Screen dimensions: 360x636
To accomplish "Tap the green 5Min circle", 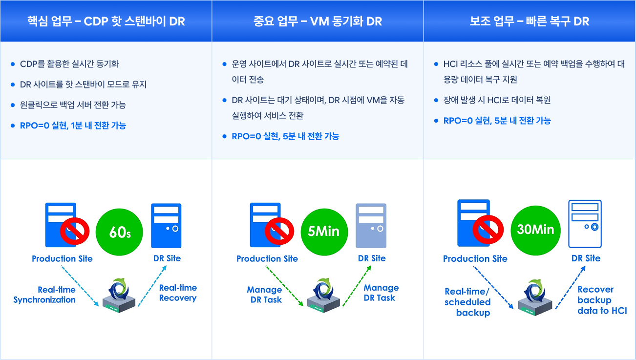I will (x=323, y=231).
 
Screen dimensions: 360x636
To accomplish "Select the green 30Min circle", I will (x=535, y=229).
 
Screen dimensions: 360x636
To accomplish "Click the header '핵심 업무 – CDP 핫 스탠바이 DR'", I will (x=106, y=21).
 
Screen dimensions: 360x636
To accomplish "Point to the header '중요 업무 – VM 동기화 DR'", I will (x=318, y=21).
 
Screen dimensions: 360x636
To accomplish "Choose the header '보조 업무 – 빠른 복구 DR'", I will (x=530, y=21).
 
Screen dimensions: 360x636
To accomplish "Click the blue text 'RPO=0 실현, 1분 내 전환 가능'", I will (x=73, y=126).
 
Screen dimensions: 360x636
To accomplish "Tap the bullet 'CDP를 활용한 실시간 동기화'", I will (x=69, y=64).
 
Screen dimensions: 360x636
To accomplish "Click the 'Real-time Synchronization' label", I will (x=44, y=295).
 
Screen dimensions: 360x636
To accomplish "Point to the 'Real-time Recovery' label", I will (x=178, y=293).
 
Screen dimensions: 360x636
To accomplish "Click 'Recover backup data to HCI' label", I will (x=601, y=300).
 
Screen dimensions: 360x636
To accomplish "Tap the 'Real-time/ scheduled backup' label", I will (x=467, y=302).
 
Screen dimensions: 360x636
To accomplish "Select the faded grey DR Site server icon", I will (x=371, y=225).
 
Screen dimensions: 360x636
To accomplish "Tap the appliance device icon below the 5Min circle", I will (x=323, y=296).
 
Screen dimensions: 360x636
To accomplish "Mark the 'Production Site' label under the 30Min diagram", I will (x=475, y=258).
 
